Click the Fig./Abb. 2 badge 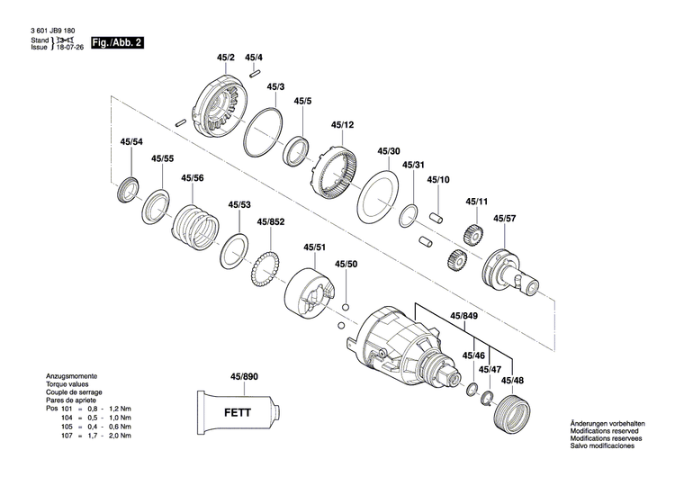tap(112, 42)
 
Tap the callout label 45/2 tap(225, 58)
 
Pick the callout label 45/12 tap(342, 125)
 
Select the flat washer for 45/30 tap(378, 194)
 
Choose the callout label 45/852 tap(271, 221)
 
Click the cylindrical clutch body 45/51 tap(310, 292)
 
